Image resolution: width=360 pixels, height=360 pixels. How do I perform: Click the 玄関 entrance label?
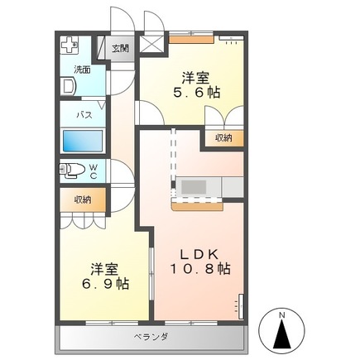(x=122, y=48)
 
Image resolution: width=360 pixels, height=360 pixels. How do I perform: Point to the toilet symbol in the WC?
(x=73, y=171)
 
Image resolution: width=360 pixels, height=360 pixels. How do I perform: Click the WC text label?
(x=94, y=171)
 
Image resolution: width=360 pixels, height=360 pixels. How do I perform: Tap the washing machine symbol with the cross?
(x=70, y=46)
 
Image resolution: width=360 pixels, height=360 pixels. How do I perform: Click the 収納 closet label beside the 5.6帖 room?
(x=223, y=137)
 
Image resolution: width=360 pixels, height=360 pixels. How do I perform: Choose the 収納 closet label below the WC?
(x=81, y=199)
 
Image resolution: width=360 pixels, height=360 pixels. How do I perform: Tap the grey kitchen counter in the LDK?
(x=207, y=188)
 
